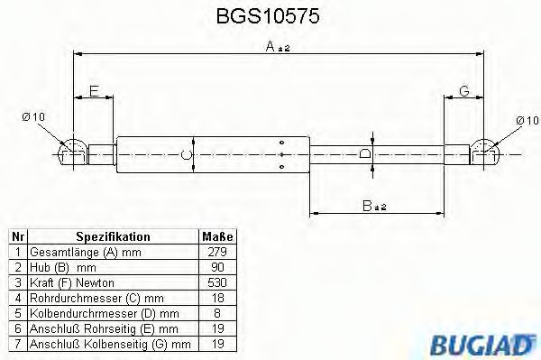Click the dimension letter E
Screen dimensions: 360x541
click(x=95, y=90)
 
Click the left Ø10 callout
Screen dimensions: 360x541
click(x=33, y=117)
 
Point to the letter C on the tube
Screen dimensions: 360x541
click(x=187, y=154)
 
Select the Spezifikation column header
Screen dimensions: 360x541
click(x=113, y=236)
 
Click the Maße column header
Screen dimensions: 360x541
click(x=217, y=236)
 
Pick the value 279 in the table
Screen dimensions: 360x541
click(x=217, y=252)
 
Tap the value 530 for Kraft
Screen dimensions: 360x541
click(x=217, y=282)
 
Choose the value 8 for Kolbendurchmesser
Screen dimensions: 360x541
click(x=217, y=313)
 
